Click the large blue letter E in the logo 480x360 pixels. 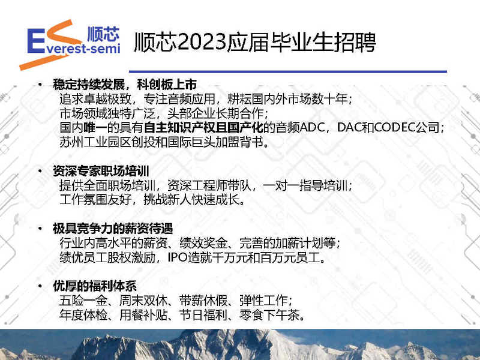pyautogui.click(x=35, y=41)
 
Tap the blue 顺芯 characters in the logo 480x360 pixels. pyautogui.click(x=103, y=34)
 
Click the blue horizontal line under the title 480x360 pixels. pyautogui.click(x=288, y=71)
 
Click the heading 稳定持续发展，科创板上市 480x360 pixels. pyautogui.click(x=125, y=84)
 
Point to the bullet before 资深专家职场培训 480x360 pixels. pyautogui.click(x=40, y=170)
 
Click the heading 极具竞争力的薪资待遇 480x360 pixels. pyautogui.click(x=113, y=229)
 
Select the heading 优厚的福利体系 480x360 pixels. pyautogui.click(x=95, y=286)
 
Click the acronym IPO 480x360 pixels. pyautogui.click(x=178, y=257)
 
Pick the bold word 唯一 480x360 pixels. pyautogui.click(x=95, y=127)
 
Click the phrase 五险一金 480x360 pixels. pyautogui.click(x=83, y=301)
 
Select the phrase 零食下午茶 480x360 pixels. pyautogui.click(x=269, y=315)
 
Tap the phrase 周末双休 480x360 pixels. pyautogui.click(x=143, y=301)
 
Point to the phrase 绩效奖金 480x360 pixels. pyautogui.click(x=203, y=243)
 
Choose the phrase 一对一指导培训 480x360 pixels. pyautogui.click(x=305, y=185)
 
